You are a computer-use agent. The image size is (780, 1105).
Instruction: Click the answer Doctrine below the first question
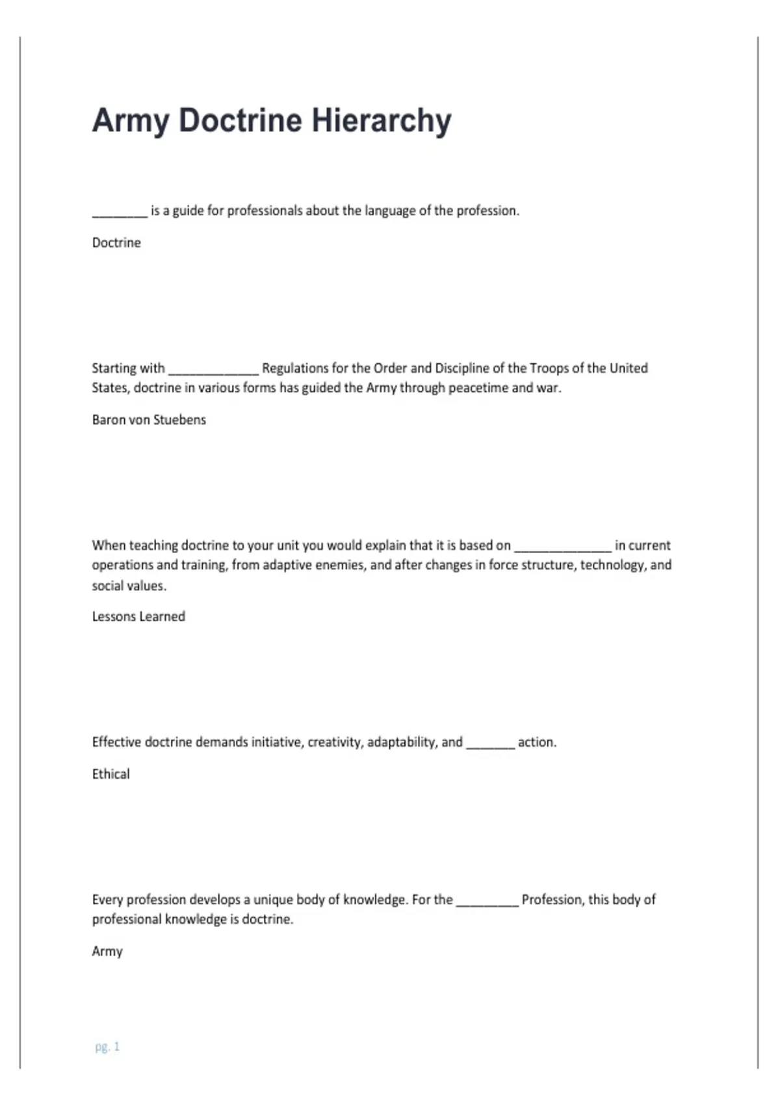point(116,242)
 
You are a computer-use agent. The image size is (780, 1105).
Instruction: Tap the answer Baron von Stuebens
point(149,420)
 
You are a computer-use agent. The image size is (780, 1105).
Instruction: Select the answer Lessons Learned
point(138,616)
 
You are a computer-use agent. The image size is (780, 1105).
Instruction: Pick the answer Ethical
point(110,774)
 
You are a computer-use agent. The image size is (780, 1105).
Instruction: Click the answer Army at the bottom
point(107,952)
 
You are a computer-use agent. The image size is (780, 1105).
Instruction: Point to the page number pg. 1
point(107,1046)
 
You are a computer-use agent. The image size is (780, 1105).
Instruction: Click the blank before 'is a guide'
point(120,212)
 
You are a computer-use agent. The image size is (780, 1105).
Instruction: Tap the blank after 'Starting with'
point(213,370)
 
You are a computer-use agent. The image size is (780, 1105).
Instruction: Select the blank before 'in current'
point(562,547)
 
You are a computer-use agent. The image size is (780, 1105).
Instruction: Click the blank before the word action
point(490,744)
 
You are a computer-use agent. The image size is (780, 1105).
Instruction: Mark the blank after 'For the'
point(487,901)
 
